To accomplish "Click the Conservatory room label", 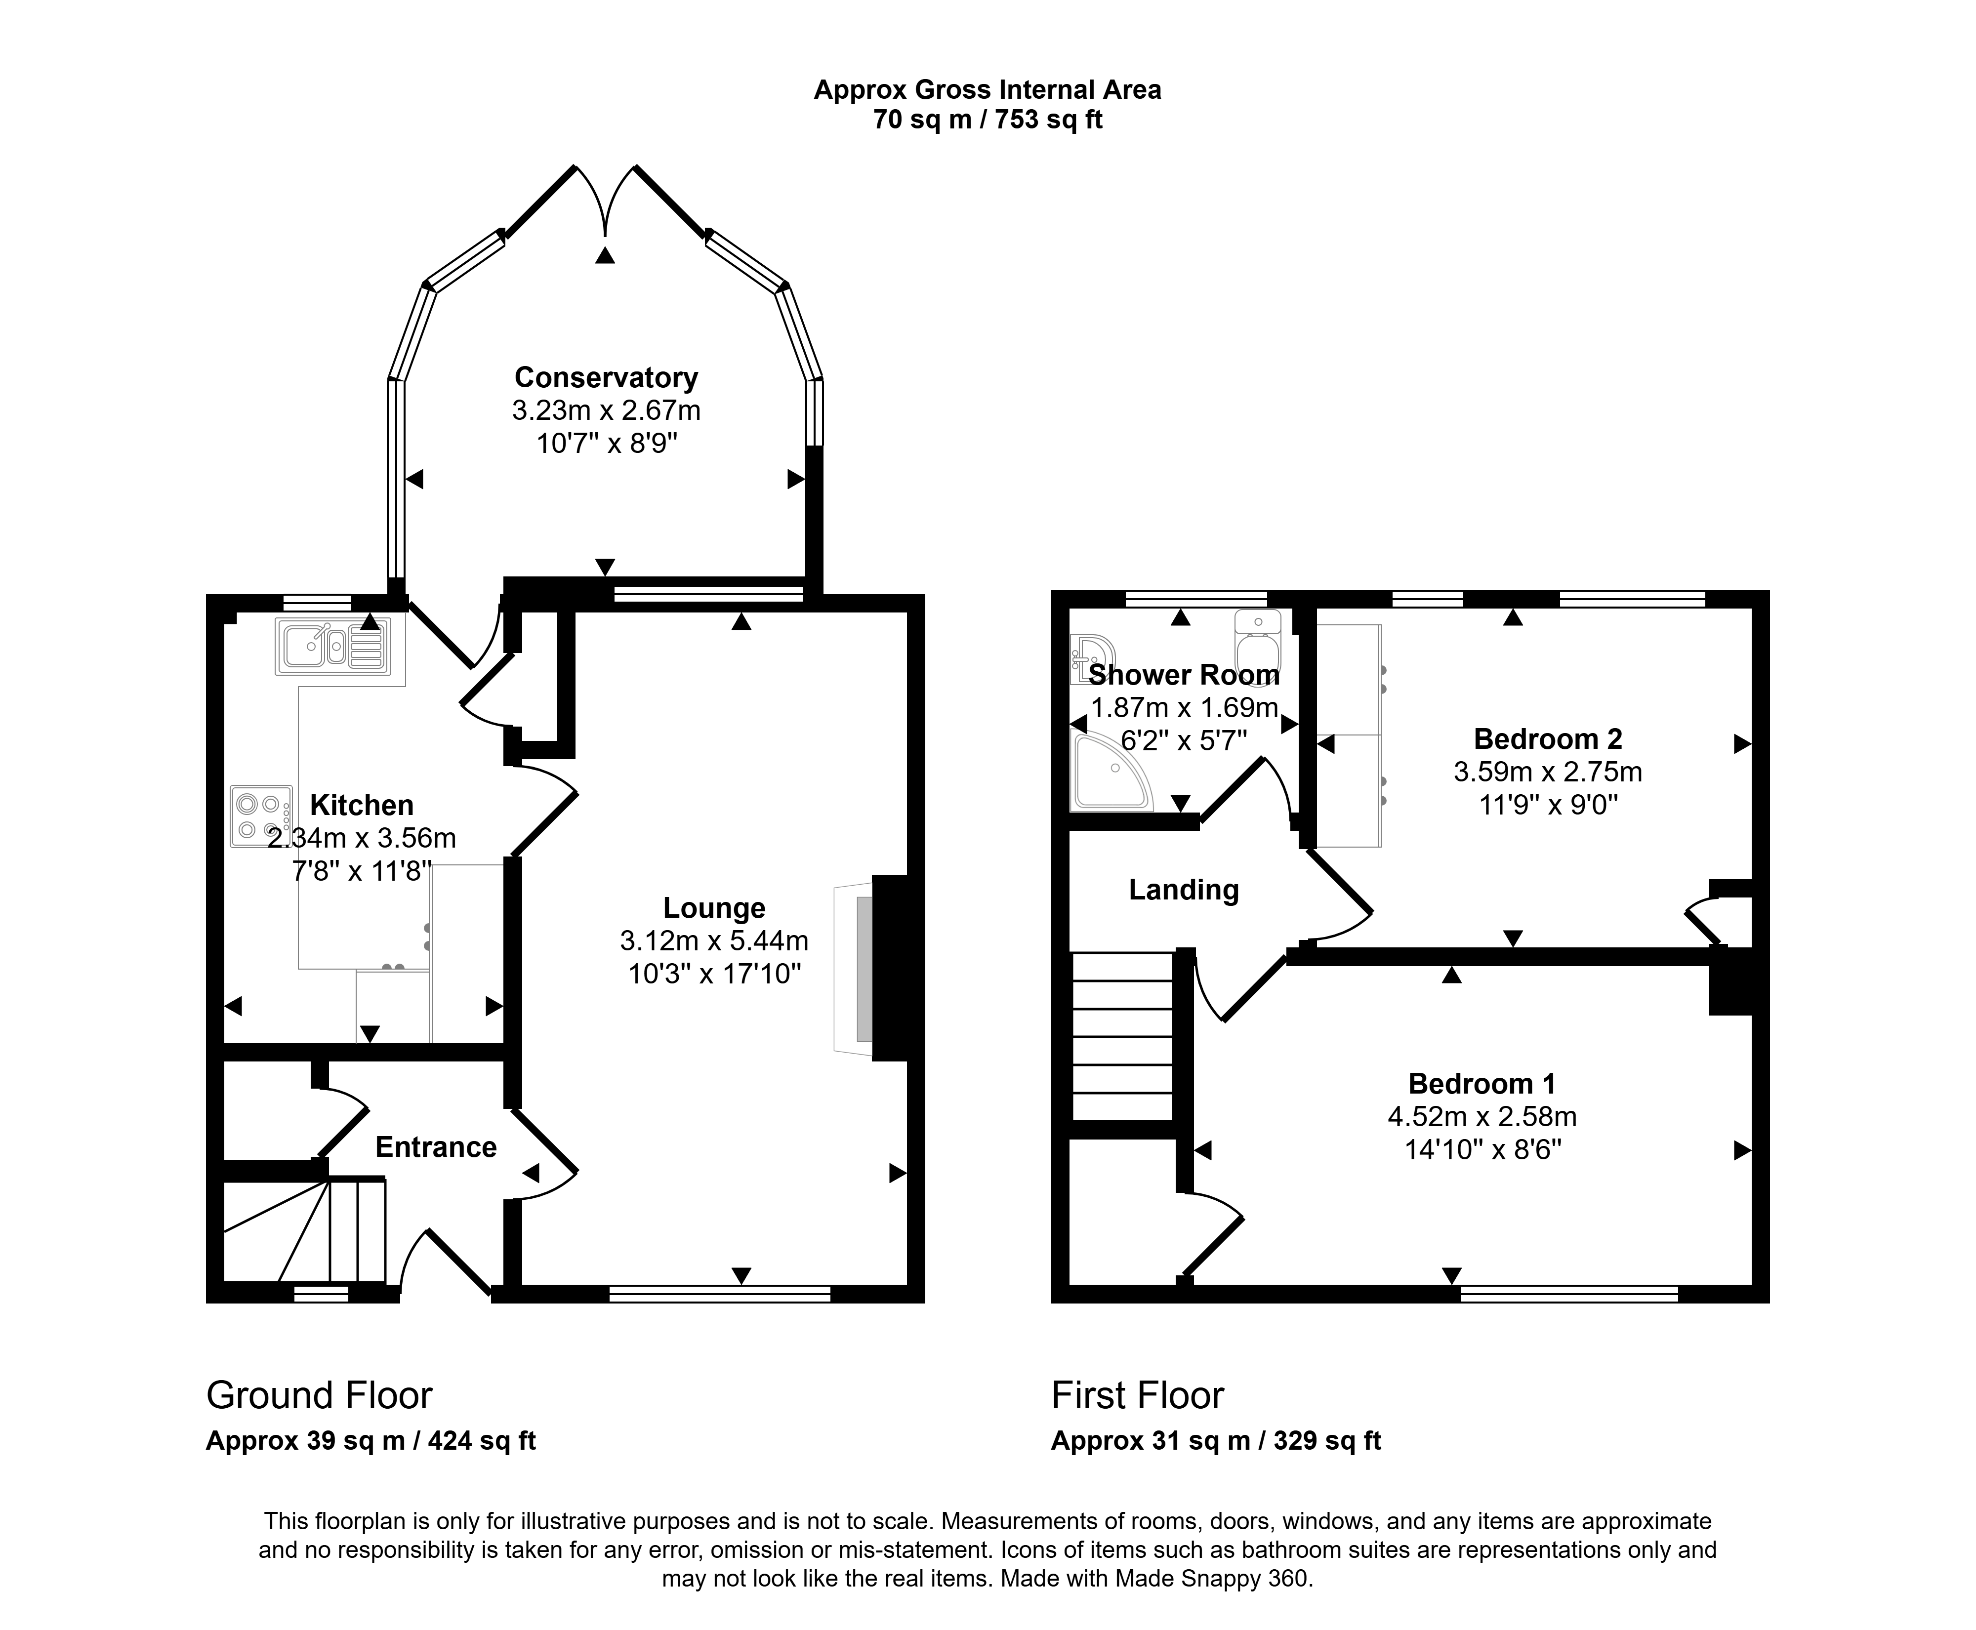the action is pos(606,377).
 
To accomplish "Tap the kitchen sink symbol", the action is pos(332,646).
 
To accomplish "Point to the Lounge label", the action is pos(714,908).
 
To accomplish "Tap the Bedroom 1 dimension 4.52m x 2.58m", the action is pos(1482,1116).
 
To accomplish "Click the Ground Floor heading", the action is pos(319,1395).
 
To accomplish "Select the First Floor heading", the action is pos(1137,1395).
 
